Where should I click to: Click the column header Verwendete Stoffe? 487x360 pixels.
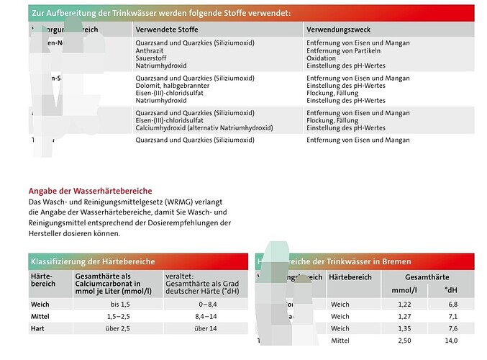[x=166, y=30]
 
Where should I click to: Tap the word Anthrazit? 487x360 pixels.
[x=150, y=50]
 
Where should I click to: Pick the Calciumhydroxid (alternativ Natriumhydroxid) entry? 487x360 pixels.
[x=204, y=127]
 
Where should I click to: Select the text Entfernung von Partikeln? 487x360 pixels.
[x=343, y=50]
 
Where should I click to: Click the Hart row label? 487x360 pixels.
[x=39, y=328]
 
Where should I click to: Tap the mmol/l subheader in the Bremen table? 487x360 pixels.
[x=404, y=290]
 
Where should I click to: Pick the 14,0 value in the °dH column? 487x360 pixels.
[x=451, y=340]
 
